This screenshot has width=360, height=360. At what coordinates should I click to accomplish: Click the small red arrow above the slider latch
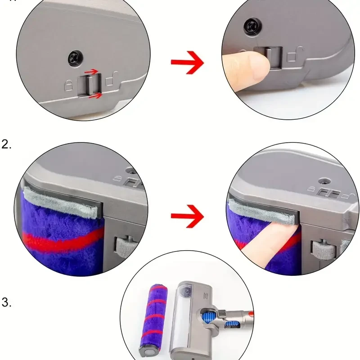(x=91, y=71)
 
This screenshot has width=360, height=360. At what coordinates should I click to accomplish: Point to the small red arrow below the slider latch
(x=95, y=95)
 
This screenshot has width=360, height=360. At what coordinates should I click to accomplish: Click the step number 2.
(x=6, y=144)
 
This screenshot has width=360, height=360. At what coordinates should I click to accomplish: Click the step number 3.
(x=6, y=302)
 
